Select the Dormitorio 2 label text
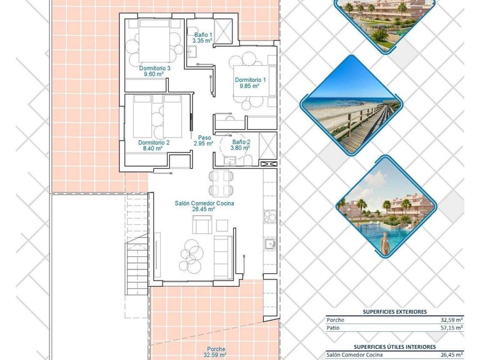coord(154,142)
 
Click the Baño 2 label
coord(240,142)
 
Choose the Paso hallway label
coord(204,137)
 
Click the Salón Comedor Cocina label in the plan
coord(204,203)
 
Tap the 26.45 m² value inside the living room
coord(204,209)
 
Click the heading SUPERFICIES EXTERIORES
coord(394,311)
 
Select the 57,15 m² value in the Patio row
coord(451,327)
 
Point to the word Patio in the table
coord(334,327)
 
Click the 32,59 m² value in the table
coord(451,319)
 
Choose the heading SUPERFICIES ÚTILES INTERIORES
coord(394,346)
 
